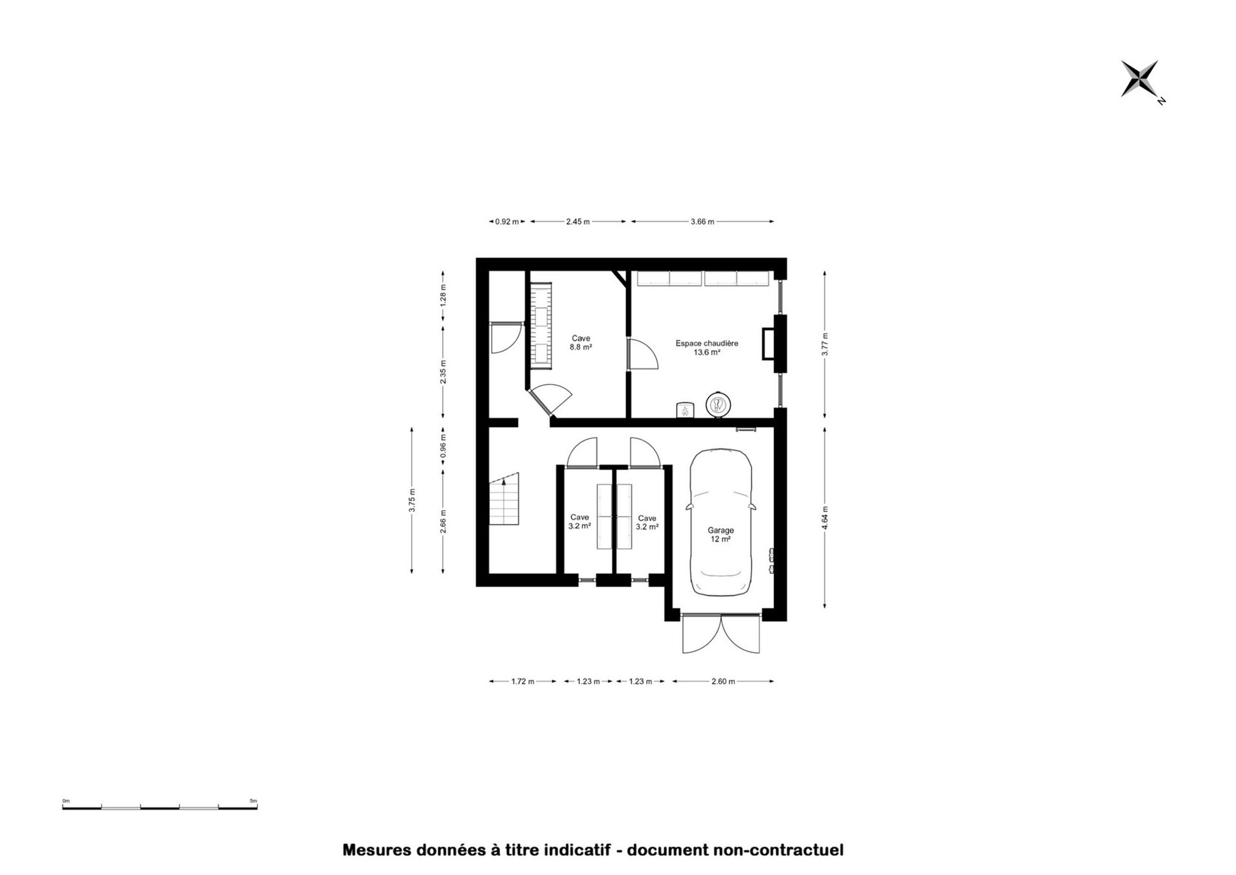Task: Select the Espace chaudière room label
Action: coord(707,347)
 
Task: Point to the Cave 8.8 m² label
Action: coord(581,343)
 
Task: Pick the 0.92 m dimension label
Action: coord(507,222)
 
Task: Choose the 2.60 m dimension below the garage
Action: coord(723,681)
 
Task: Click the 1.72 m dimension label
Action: coord(522,681)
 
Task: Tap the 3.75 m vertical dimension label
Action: coord(412,500)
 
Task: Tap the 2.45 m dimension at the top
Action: coord(578,222)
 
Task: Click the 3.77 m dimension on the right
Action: coord(825,344)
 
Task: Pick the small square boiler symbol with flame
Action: coord(685,410)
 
